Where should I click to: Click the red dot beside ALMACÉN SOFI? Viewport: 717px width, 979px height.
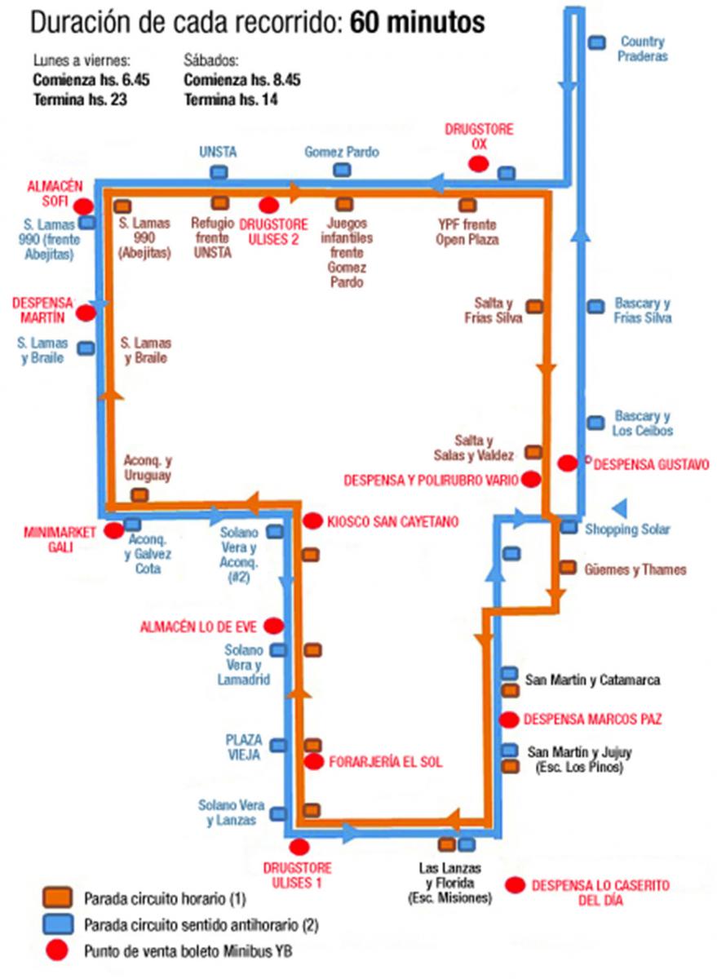pos(82,205)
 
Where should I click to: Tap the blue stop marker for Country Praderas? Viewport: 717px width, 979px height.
pos(598,42)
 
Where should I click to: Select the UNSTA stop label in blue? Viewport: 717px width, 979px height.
pos(219,152)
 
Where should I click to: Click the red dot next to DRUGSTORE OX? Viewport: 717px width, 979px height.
pos(479,164)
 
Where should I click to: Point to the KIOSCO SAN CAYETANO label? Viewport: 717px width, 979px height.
pos(392,521)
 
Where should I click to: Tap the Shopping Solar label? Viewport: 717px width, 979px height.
pos(627,529)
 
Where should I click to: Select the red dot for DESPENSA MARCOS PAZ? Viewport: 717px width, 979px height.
pos(509,720)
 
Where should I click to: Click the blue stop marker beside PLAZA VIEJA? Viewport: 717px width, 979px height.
pos(279,745)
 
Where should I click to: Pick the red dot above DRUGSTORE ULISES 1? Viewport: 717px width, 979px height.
pos(299,847)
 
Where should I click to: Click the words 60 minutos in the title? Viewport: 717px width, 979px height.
pos(418,23)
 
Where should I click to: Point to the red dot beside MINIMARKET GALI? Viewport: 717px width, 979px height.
pos(114,530)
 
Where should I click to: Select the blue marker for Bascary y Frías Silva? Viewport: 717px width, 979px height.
pos(596,307)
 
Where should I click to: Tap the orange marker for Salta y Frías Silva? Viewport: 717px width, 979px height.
pos(534,307)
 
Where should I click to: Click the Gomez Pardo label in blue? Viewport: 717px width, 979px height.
pos(341,153)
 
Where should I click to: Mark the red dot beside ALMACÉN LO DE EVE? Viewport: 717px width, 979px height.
pos(272,626)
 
